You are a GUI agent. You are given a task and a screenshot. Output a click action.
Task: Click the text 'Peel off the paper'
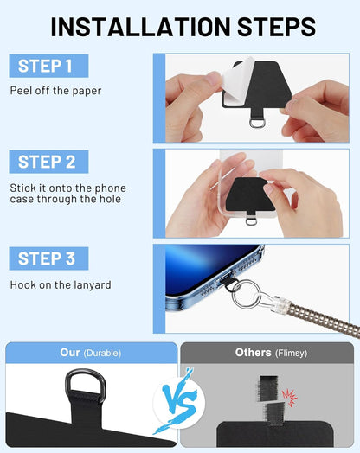55,91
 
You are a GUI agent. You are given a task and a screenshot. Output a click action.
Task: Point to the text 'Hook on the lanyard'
59,284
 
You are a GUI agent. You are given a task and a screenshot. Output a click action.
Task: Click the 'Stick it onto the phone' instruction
67,188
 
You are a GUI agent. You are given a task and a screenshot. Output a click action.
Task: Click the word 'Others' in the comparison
253,353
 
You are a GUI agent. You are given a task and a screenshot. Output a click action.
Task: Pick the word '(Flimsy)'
291,353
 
